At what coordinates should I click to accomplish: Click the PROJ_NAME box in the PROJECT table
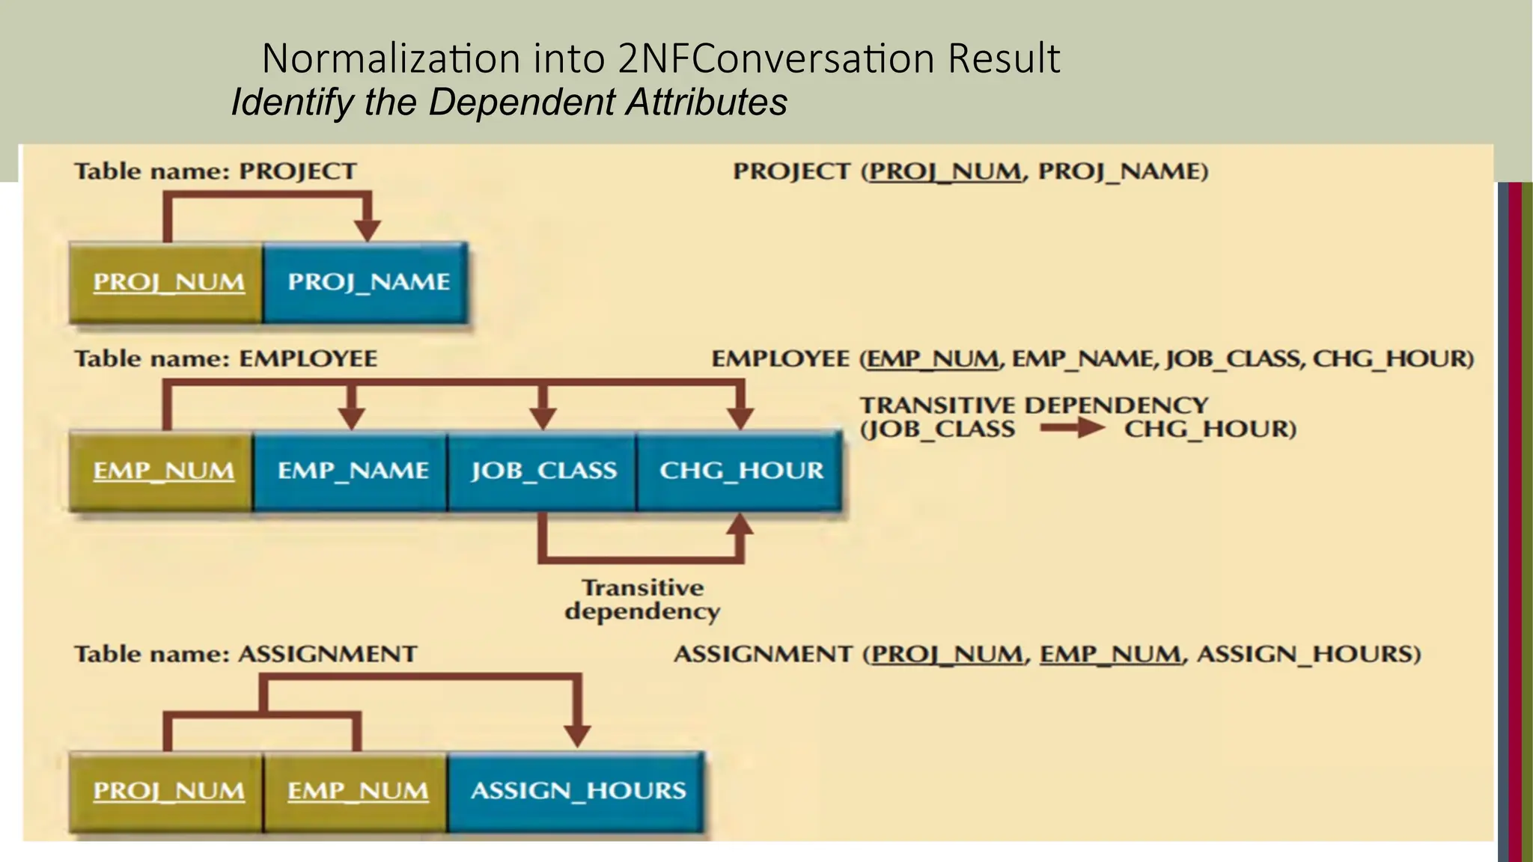366,283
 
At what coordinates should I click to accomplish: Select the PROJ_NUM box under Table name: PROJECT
167,283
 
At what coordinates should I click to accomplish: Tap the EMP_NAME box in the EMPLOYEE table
351,471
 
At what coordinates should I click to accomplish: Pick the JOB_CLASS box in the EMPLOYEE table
543,471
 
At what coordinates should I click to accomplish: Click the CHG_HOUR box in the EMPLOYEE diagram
740,471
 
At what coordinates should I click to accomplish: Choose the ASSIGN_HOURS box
576,791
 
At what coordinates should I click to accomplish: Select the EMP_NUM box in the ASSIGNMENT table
357,791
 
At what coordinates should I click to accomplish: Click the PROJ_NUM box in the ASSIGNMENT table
167,791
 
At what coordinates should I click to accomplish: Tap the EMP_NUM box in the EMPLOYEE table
162,471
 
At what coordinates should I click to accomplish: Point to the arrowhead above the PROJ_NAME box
367,229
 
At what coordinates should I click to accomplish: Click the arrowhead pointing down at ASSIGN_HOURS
576,735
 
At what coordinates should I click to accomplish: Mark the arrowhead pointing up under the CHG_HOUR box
740,526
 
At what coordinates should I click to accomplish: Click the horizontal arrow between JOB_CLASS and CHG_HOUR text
1071,429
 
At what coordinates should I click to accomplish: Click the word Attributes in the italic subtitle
707,102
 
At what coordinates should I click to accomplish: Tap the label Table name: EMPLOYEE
225,358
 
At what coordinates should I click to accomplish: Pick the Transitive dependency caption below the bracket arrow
642,599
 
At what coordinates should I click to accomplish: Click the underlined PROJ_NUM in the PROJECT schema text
945,171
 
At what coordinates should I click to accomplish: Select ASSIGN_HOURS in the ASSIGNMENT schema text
1307,654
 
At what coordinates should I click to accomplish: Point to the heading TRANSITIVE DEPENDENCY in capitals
1033,405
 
